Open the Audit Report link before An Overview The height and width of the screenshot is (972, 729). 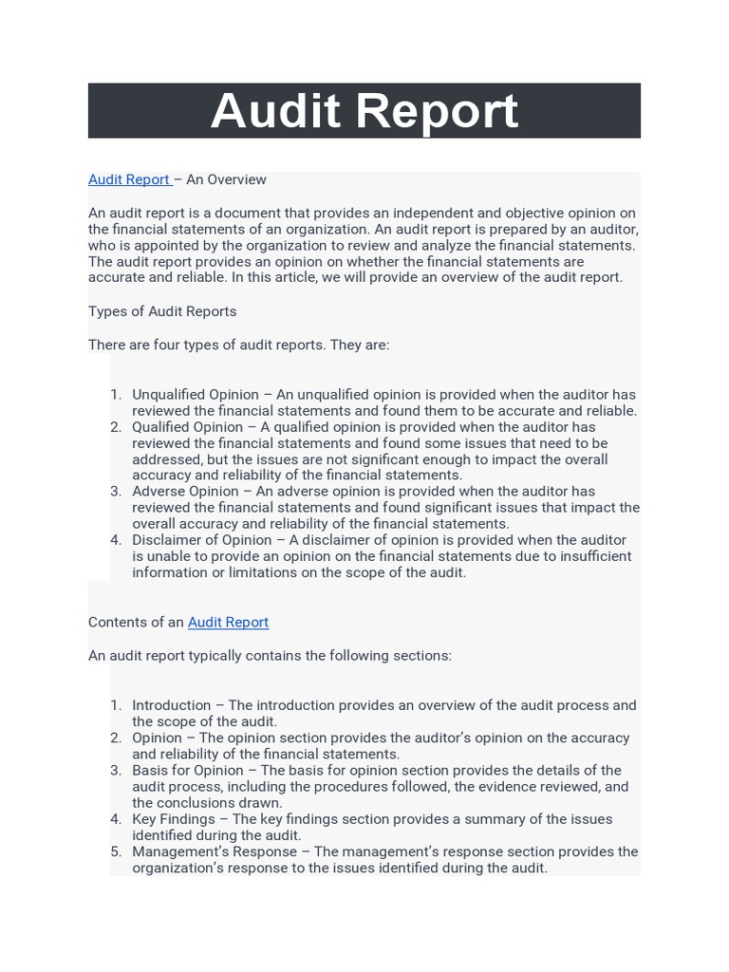(x=129, y=179)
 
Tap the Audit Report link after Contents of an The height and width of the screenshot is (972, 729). (x=228, y=622)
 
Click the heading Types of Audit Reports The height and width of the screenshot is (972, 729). (x=162, y=311)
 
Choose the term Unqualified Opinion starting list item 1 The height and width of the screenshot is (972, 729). (x=195, y=394)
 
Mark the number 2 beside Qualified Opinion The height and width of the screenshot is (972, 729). (x=115, y=427)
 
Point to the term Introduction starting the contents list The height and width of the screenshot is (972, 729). (x=171, y=705)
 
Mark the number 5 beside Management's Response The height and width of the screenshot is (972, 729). (x=115, y=851)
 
